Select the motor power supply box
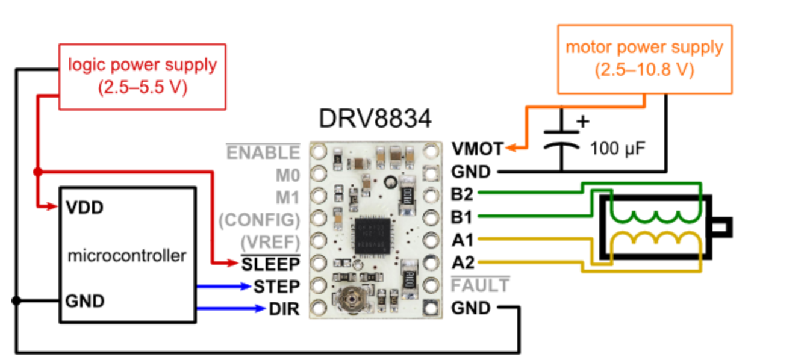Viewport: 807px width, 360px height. (644, 59)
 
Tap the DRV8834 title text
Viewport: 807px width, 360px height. (375, 119)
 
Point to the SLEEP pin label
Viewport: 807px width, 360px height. (270, 264)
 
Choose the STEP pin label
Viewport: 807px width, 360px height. (276, 286)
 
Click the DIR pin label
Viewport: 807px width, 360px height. (284, 309)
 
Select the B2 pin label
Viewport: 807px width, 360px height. (463, 194)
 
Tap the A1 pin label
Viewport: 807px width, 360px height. (463, 240)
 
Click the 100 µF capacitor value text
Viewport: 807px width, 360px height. (618, 147)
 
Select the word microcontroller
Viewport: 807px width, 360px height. (127, 256)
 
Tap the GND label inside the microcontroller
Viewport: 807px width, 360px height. (86, 300)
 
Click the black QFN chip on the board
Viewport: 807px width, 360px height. (372, 235)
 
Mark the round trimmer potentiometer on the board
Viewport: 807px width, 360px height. (347, 297)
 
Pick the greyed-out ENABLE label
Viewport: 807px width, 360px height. (263, 153)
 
